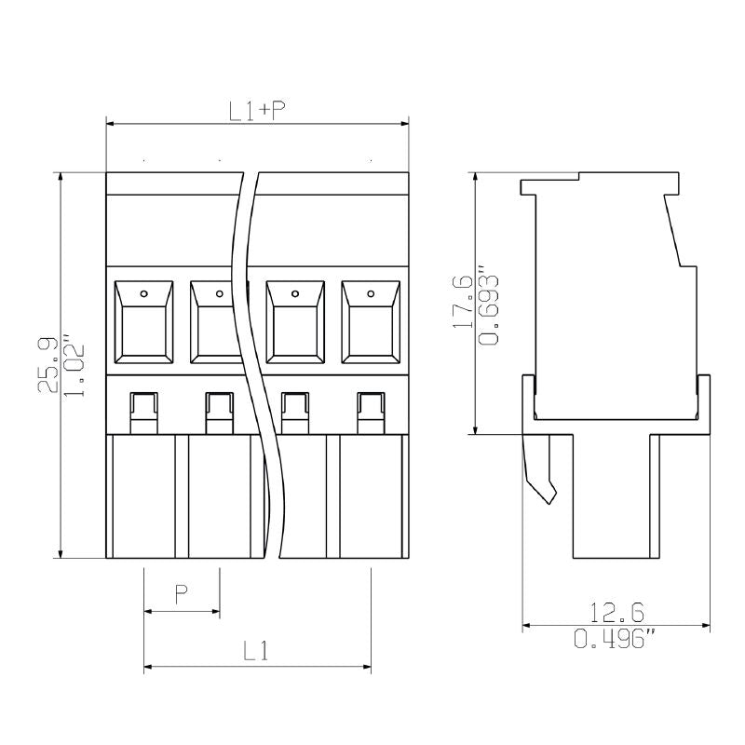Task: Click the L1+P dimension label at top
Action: coord(257,111)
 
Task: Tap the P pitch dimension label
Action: coord(183,593)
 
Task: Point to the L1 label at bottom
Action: coord(256,651)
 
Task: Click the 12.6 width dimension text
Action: coord(616,612)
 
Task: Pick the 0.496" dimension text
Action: coord(615,638)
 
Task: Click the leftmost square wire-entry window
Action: coord(143,322)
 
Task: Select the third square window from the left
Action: coord(295,322)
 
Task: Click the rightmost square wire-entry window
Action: coord(371,322)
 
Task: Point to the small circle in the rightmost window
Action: coord(371,294)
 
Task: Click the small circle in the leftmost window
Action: coord(143,294)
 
